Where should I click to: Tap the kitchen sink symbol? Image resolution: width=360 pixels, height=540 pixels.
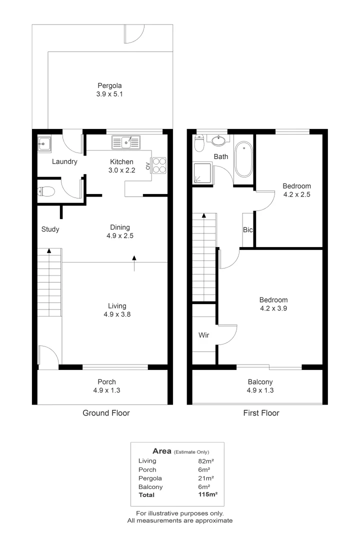pyautogui.click(x=126, y=142)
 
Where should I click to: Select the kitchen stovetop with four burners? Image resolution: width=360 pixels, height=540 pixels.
pyautogui.click(x=158, y=165)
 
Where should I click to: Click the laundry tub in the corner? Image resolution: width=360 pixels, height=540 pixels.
pyautogui.click(x=44, y=144)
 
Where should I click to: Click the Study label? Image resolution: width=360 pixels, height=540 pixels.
pyautogui.click(x=50, y=229)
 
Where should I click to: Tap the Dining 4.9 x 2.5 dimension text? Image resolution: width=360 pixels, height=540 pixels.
pyautogui.click(x=119, y=235)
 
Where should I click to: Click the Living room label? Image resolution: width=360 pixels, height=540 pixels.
pyautogui.click(x=117, y=305)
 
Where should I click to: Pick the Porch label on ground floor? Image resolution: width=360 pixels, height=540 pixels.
pyautogui.click(x=106, y=382)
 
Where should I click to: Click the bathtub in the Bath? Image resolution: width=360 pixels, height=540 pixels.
pyautogui.click(x=243, y=159)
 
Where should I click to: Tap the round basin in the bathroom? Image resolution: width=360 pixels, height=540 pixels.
pyautogui.click(x=218, y=140)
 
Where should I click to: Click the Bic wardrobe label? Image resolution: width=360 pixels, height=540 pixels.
pyautogui.click(x=247, y=230)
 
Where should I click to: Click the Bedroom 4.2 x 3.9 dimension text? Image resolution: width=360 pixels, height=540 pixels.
pyautogui.click(x=273, y=308)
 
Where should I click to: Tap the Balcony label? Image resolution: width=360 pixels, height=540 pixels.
pyautogui.click(x=260, y=382)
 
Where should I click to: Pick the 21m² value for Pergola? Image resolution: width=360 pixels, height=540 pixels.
pyautogui.click(x=204, y=478)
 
